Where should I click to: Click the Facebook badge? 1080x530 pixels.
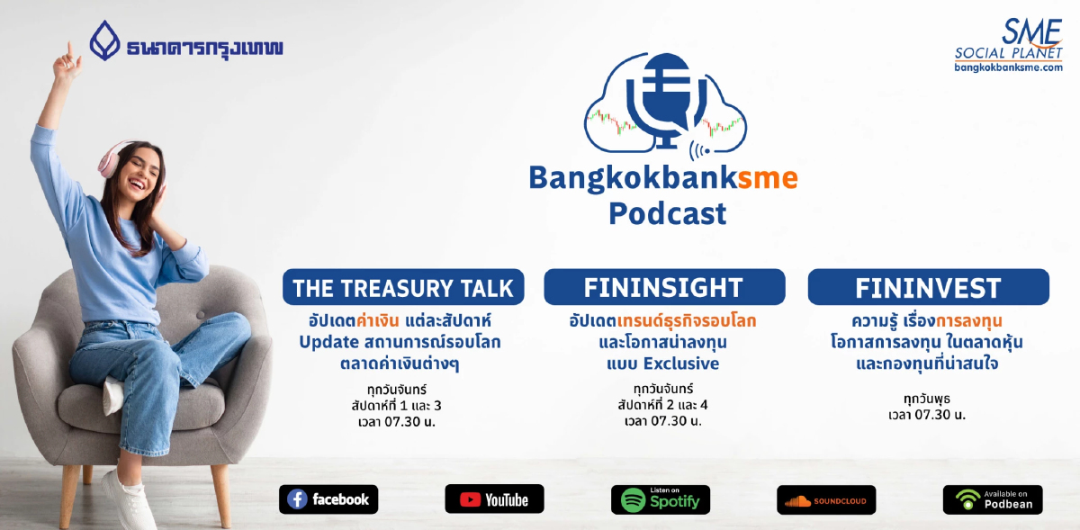[x=328, y=499]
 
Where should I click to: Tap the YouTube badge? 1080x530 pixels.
[x=494, y=499]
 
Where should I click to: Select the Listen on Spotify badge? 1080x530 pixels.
[x=661, y=499]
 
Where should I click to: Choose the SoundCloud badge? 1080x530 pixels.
[x=826, y=499]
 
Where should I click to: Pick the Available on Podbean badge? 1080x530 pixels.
[x=993, y=499]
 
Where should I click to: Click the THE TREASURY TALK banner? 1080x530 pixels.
[x=403, y=288]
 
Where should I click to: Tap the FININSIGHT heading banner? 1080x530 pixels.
[x=664, y=288]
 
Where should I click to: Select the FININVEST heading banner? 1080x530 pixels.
[x=928, y=288]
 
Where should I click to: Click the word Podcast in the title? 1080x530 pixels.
[x=667, y=214]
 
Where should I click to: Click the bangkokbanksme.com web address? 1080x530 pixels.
[x=1009, y=67]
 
